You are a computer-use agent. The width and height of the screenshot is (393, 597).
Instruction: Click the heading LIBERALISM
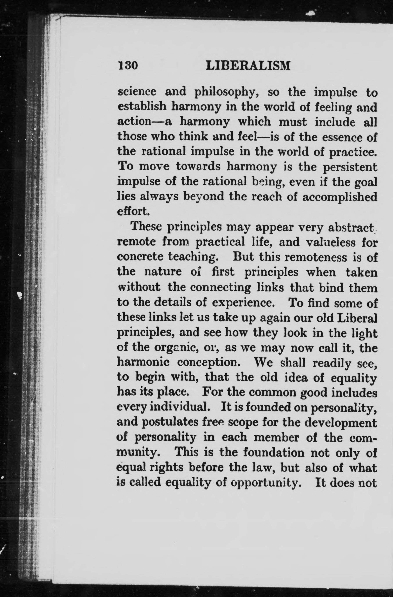(248, 66)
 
